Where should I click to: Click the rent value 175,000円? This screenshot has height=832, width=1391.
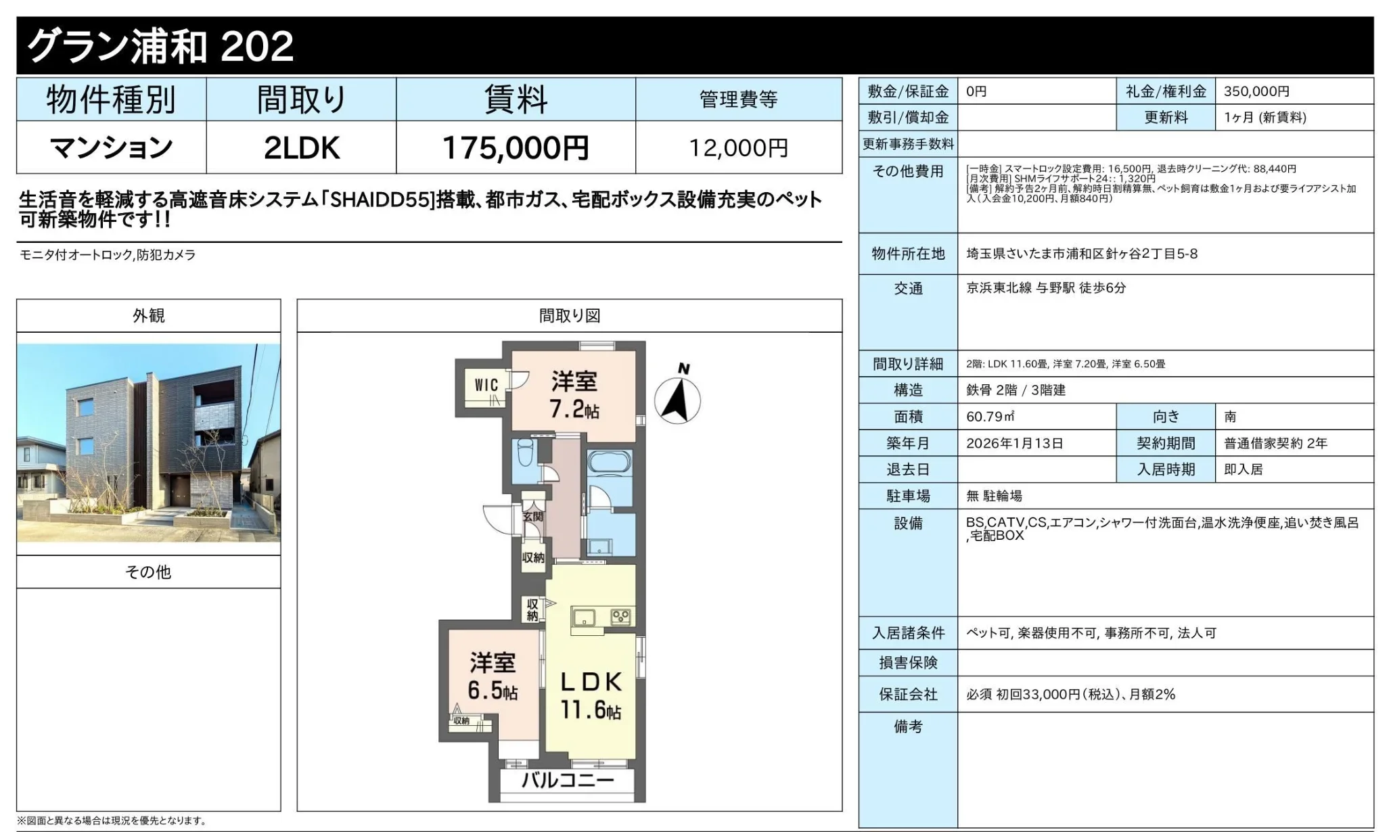516,147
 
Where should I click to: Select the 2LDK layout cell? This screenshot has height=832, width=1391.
301,147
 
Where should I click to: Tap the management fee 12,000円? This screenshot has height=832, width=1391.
738,148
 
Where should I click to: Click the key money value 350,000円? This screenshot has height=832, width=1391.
1256,91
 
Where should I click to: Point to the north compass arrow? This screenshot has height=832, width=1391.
677,400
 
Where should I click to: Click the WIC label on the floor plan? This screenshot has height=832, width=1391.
486,385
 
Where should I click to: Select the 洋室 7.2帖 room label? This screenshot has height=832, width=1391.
574,395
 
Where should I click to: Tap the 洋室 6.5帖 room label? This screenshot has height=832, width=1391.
493,676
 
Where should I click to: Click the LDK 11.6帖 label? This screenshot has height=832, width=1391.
591,695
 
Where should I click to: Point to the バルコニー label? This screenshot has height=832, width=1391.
568,781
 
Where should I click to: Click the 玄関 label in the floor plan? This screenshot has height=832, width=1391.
533,516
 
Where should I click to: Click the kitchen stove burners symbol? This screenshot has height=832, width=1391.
620,616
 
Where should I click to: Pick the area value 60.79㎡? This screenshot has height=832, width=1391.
990,417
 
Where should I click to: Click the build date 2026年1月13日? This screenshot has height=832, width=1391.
1015,444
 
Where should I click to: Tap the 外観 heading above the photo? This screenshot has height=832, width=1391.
149,316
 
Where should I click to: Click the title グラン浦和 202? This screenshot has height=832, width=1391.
160,46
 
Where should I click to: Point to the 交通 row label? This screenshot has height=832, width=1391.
908,289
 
